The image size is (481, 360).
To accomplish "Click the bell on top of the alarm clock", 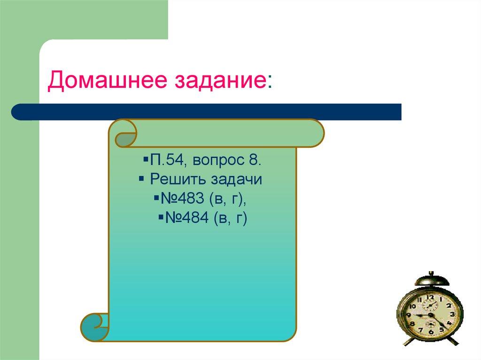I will pyautogui.click(x=431, y=280).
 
